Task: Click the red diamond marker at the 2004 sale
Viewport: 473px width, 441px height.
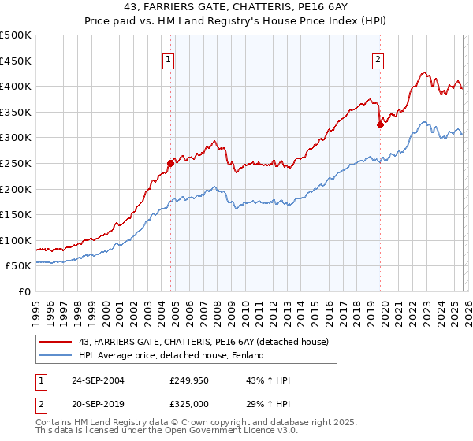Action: click(170, 163)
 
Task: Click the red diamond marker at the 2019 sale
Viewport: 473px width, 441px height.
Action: click(380, 124)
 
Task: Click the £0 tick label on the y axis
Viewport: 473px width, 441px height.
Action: click(25, 291)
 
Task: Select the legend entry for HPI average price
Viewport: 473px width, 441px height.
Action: click(170, 355)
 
